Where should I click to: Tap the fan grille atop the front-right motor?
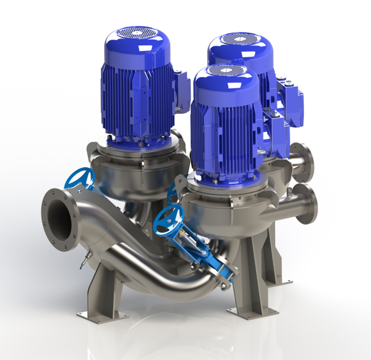224,70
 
